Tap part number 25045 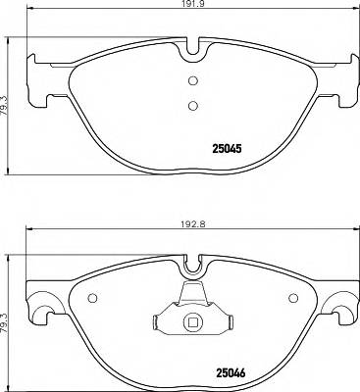pos(229,149)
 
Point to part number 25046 pos(229,371)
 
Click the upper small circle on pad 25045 pos(192,81)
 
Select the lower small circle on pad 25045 pos(192,105)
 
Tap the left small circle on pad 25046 pos(91,299)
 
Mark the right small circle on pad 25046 pos(294,299)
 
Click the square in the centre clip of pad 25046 pos(192,320)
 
